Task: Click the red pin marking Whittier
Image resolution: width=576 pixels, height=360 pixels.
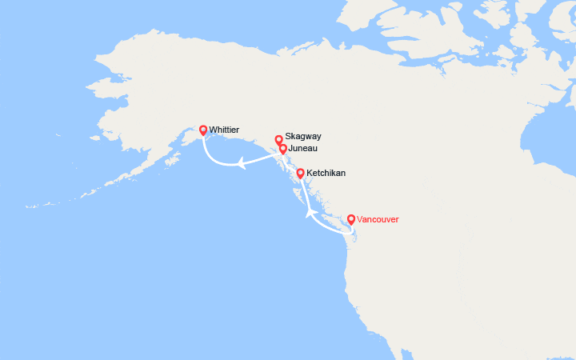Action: [203, 130]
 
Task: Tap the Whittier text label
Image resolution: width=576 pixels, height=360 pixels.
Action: [224, 129]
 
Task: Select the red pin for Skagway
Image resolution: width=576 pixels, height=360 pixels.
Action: [278, 138]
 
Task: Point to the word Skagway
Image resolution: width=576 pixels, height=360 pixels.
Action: [303, 137]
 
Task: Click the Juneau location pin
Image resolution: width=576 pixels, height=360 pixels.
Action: [283, 148]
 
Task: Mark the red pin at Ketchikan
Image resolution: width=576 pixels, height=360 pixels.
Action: [300, 173]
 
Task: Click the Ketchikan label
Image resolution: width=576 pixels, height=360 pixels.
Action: [326, 173]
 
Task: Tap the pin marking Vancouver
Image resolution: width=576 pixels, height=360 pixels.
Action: [351, 218]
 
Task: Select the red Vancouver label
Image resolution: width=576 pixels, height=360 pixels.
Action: [378, 219]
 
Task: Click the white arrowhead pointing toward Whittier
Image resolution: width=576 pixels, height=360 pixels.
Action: [239, 164]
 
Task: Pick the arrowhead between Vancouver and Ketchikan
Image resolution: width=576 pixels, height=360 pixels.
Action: [310, 212]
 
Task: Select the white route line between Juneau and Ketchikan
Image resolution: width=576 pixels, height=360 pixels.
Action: [291, 161]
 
